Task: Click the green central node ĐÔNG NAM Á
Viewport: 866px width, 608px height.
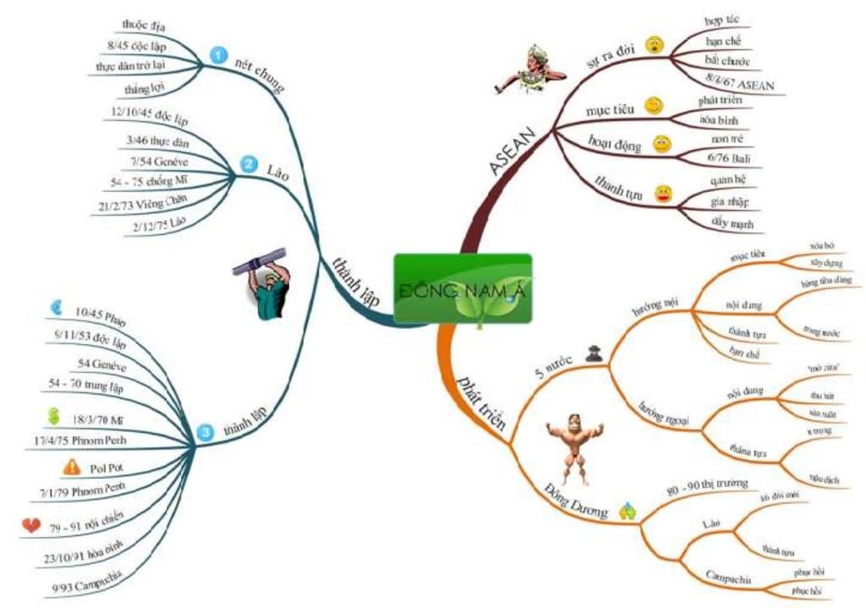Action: pyautogui.click(x=463, y=288)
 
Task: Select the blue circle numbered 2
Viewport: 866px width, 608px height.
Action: pyautogui.click(x=248, y=165)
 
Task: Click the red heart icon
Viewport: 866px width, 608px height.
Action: pyautogui.click(x=31, y=526)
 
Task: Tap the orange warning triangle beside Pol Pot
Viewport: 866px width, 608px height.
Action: pyautogui.click(x=72, y=466)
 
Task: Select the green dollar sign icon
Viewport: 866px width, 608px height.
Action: pyautogui.click(x=54, y=417)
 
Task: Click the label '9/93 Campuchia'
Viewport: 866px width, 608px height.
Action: pyautogui.click(x=88, y=583)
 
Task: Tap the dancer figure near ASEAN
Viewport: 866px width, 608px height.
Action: pyautogui.click(x=532, y=69)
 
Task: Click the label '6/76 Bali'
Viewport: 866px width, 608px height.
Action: pyautogui.click(x=732, y=158)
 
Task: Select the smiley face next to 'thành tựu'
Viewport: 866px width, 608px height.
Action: pyautogui.click(x=664, y=196)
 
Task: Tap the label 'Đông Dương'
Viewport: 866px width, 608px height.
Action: pyautogui.click(x=575, y=501)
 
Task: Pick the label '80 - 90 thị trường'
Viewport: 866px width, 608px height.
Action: pyautogui.click(x=706, y=483)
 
